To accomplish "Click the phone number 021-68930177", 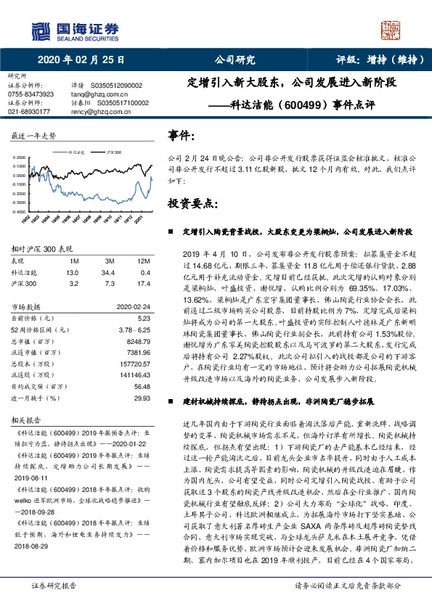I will pyautogui.click(x=29, y=112).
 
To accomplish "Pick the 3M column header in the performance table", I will pyautogui.click(x=109, y=259).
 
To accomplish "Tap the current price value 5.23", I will pyautogui.click(x=143, y=318).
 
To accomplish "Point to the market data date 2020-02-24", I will pyautogui.click(x=132, y=307).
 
